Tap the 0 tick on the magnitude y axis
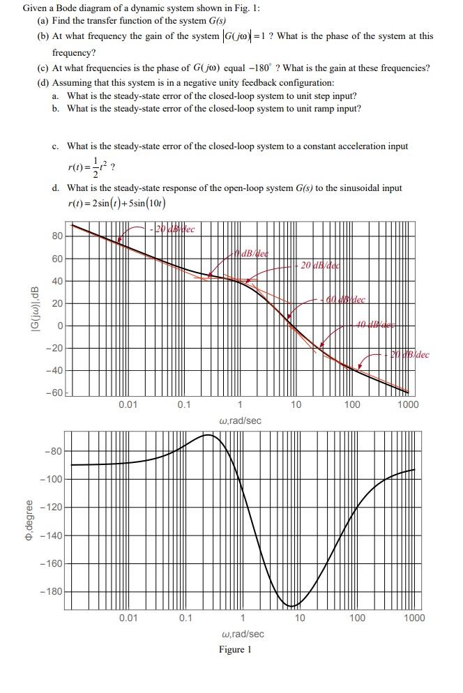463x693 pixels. coord(60,326)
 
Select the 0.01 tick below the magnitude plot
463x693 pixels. coord(128,404)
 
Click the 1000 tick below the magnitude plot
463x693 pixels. coord(408,404)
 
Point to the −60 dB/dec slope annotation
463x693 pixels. coord(346,300)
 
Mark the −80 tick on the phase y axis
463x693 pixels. coord(55,451)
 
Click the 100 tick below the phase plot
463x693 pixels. coord(356,618)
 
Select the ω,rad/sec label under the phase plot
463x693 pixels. coord(241,634)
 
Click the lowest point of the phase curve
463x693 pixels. coord(294,606)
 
